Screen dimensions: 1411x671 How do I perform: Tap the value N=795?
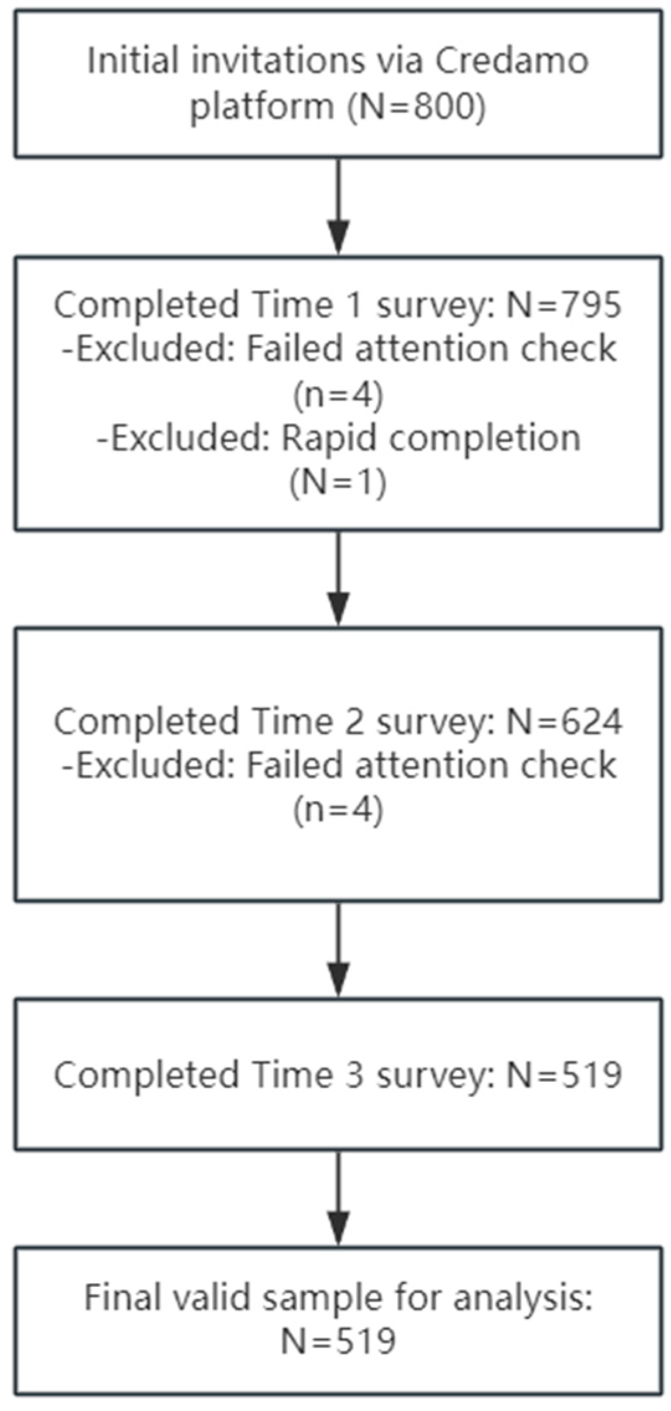[564, 305]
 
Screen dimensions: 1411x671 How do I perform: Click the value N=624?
[564, 721]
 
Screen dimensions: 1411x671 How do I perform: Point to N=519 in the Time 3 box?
[564, 1074]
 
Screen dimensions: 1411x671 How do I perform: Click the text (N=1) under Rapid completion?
[338, 482]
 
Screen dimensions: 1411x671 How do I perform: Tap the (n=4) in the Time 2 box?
[338, 809]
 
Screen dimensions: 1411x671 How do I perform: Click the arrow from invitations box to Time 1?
[338, 205]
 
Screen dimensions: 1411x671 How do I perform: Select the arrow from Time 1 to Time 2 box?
[338, 578]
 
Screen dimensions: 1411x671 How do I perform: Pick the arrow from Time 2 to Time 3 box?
[338, 949]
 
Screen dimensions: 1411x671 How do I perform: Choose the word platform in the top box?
[262, 107]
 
